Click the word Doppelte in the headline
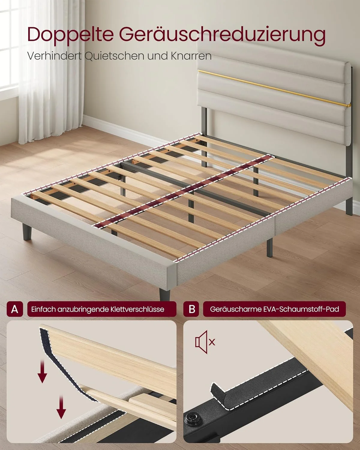click(70, 34)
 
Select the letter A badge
click(15, 309)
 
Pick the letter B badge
click(192, 309)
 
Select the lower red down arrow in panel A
click(61, 406)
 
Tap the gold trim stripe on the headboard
click(270, 88)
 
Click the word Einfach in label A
click(43, 309)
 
